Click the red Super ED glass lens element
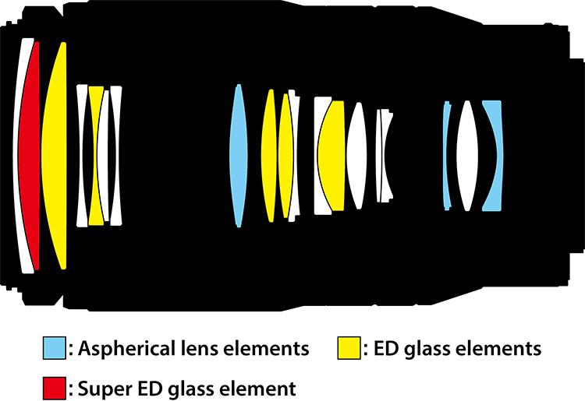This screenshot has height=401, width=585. pyautogui.click(x=30, y=156)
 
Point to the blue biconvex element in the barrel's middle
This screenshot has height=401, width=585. pyautogui.click(x=239, y=156)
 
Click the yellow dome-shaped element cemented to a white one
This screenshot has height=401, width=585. pyautogui.click(x=333, y=156)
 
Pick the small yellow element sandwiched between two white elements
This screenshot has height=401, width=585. pyautogui.click(x=96, y=156)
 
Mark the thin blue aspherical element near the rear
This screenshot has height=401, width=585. pyautogui.click(x=447, y=156)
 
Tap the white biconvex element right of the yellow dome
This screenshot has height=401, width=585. pyautogui.click(x=356, y=156)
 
